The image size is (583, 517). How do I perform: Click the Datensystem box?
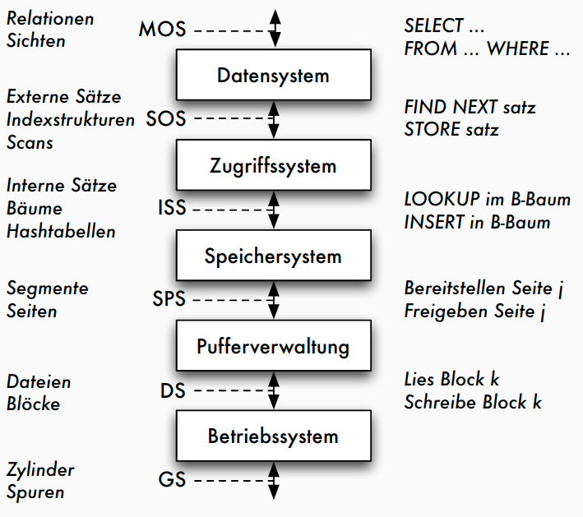(273, 76)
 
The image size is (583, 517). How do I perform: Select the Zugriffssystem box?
(273, 166)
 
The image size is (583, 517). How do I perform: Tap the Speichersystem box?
(273, 256)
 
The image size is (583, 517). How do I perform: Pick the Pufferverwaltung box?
(273, 346)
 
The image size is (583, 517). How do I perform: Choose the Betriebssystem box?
(273, 436)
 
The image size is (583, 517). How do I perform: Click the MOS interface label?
(162, 30)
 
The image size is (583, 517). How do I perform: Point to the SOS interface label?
(166, 119)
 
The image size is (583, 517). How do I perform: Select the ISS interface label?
(171, 209)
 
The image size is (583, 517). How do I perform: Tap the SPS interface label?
(169, 299)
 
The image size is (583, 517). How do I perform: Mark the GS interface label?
(173, 480)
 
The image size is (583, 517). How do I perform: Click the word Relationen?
(50, 18)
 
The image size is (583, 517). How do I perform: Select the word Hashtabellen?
(61, 232)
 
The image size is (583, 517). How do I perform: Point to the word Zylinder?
(40, 470)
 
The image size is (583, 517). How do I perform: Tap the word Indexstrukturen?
(71, 120)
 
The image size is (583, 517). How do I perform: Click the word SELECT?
(434, 26)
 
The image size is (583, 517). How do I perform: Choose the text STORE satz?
(451, 130)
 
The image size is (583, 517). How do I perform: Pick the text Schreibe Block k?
(473, 403)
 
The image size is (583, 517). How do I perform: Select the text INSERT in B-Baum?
(477, 223)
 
